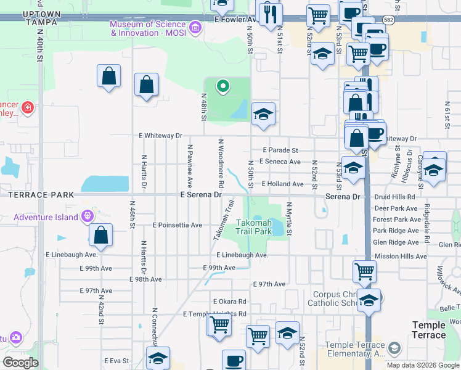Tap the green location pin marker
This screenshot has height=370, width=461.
(x=223, y=86)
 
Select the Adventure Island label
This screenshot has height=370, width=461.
(x=46, y=217)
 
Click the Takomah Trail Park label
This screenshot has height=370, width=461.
(x=255, y=228)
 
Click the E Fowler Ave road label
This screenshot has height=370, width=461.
(x=235, y=19)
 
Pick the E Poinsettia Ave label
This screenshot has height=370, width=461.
(x=177, y=225)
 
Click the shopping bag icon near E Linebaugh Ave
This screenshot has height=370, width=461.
(x=100, y=235)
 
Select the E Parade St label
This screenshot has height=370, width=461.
(x=280, y=150)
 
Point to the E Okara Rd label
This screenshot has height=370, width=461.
(x=229, y=302)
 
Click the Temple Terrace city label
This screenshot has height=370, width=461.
(x=429, y=330)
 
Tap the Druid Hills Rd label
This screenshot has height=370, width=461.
(x=395, y=197)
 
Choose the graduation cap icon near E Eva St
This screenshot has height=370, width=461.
(x=158, y=358)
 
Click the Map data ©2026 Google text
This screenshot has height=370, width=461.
(x=422, y=365)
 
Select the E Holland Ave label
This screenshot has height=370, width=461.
(x=282, y=184)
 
